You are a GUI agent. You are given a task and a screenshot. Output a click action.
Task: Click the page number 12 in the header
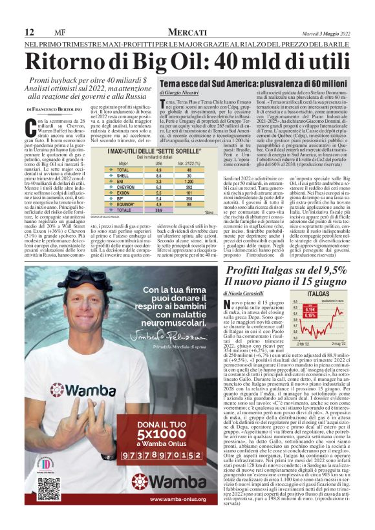click(29, 32)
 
